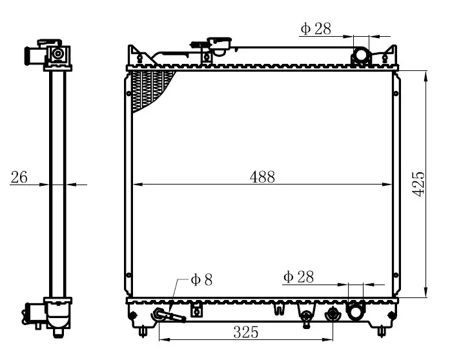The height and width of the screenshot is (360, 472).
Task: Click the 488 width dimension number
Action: pyautogui.click(x=262, y=177)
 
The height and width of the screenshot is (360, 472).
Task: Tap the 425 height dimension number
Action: pyautogui.click(x=418, y=184)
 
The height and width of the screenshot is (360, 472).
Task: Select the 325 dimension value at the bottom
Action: pyautogui.click(x=245, y=332)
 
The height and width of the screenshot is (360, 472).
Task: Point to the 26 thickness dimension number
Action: pyautogui.click(x=19, y=177)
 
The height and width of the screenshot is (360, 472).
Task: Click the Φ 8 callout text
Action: pyautogui.click(x=201, y=280)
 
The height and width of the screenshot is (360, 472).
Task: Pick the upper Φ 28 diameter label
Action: pyautogui.click(x=316, y=29)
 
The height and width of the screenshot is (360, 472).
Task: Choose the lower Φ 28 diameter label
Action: pyautogui.click(x=298, y=277)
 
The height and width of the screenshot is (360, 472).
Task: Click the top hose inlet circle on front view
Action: pyautogui.click(x=361, y=55)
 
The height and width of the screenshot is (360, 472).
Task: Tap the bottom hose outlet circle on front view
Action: pyautogui.click(x=356, y=312)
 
